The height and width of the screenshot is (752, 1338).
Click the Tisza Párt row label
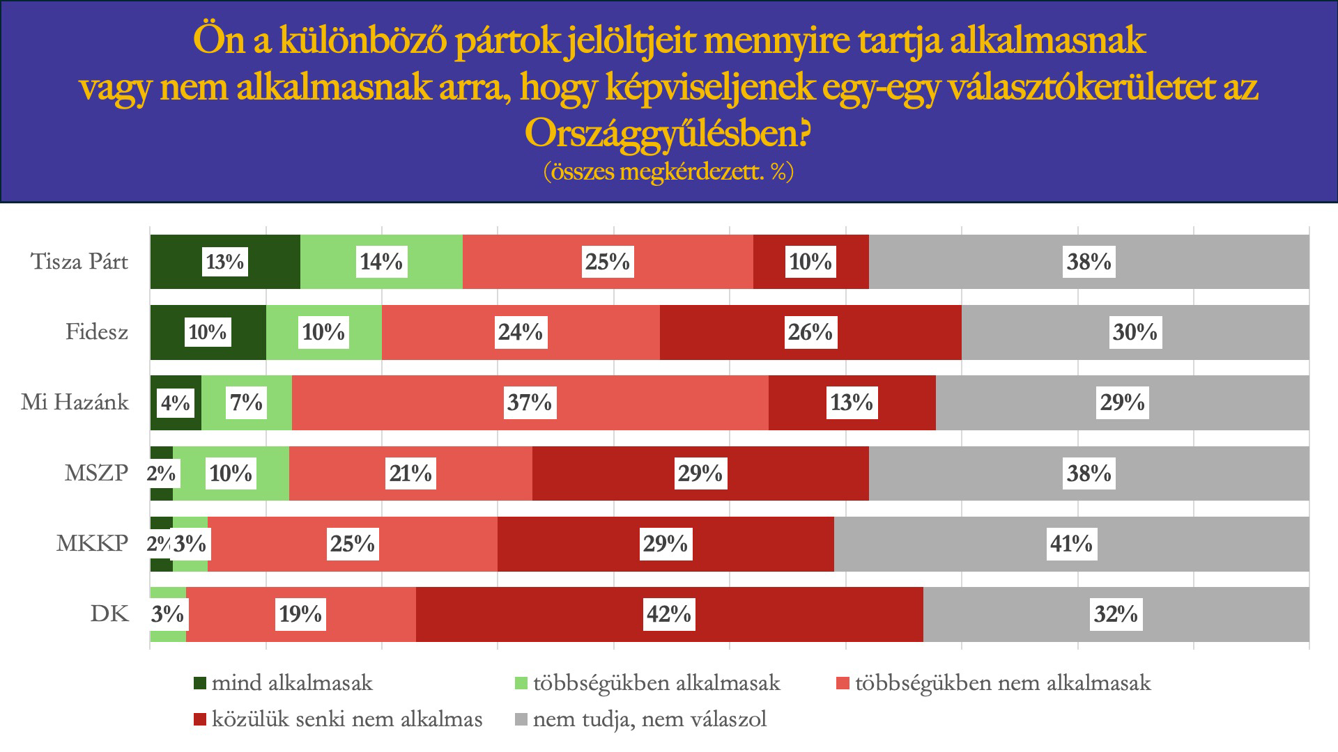click(80, 262)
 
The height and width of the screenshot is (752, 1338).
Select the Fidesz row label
click(97, 332)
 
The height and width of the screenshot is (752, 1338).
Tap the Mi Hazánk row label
click(75, 402)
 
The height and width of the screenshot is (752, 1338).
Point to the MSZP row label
click(96, 473)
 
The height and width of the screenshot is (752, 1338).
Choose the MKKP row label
click(92, 544)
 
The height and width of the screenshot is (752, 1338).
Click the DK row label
click(110, 614)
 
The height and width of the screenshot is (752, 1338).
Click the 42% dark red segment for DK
click(669, 614)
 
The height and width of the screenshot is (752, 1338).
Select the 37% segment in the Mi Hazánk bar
click(530, 402)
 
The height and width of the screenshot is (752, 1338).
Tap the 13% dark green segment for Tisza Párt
click(225, 262)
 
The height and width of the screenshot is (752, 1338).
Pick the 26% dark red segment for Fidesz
click(810, 332)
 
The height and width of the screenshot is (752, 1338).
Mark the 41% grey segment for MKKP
click(1071, 544)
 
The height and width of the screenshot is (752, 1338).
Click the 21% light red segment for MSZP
click(410, 473)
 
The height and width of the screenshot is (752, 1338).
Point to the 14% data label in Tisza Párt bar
click(381, 262)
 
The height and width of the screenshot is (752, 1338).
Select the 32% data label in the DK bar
click(1116, 614)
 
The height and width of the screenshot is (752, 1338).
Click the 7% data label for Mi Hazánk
click(247, 402)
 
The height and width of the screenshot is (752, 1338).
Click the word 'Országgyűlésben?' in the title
click(667, 134)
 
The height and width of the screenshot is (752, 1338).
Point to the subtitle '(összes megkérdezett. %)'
click(668, 172)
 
